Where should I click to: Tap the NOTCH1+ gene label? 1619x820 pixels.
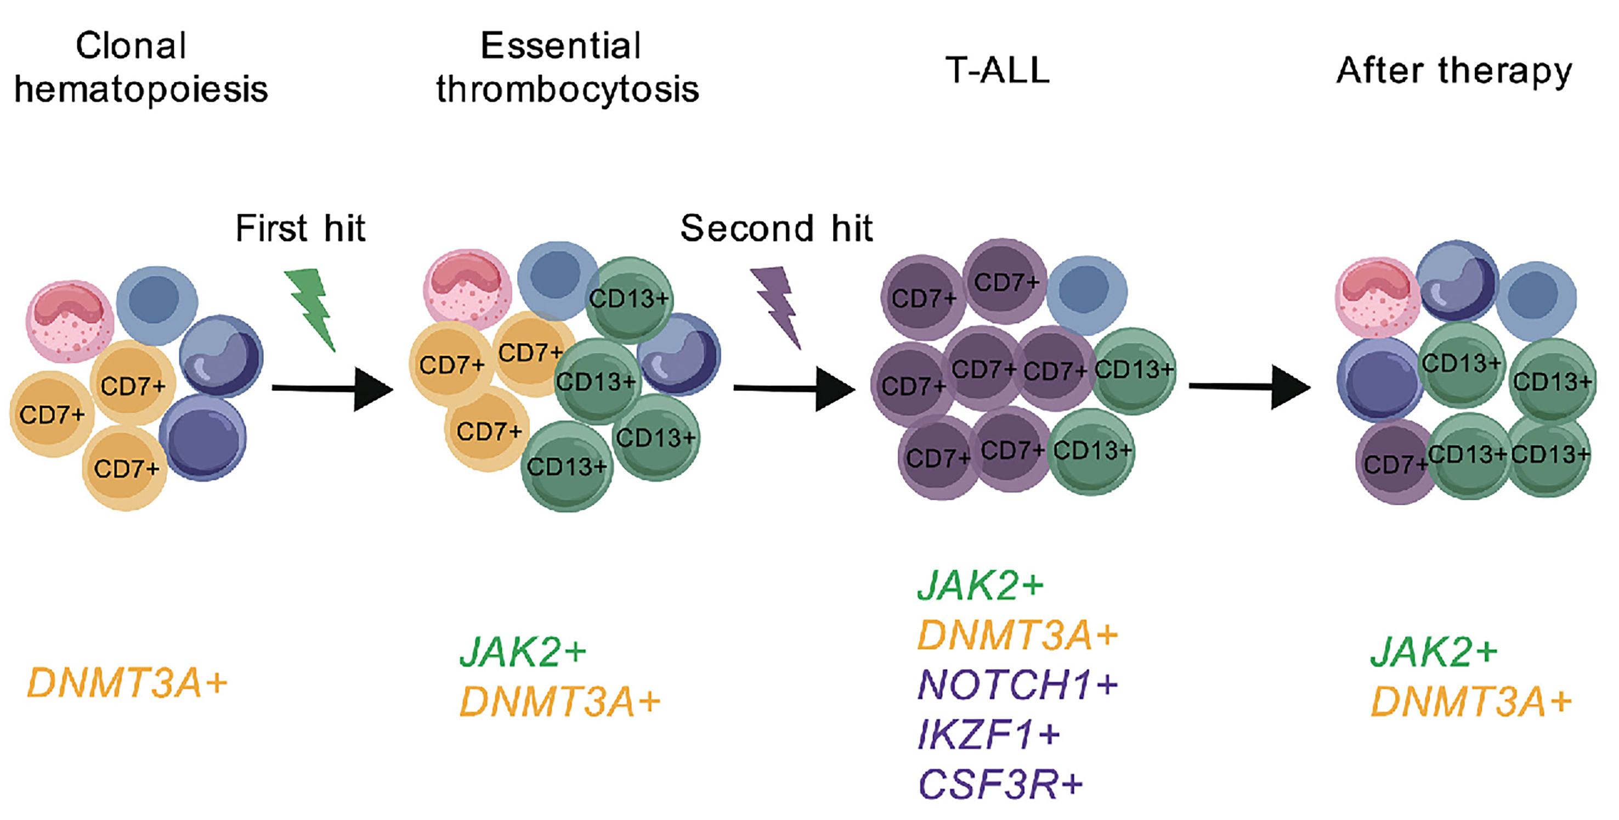[x=1017, y=685]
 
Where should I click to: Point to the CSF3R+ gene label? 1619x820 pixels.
[x=1000, y=784]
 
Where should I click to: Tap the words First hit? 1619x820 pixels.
[x=301, y=228]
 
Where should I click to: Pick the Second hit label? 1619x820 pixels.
[x=777, y=228]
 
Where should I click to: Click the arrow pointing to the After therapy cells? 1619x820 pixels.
[x=1250, y=387]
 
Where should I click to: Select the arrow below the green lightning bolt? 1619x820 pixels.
[x=332, y=389]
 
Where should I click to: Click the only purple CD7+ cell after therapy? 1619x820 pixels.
[x=1396, y=462]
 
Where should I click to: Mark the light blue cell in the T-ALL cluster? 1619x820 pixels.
[x=1085, y=294]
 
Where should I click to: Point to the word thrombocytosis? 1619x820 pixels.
[x=568, y=89]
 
